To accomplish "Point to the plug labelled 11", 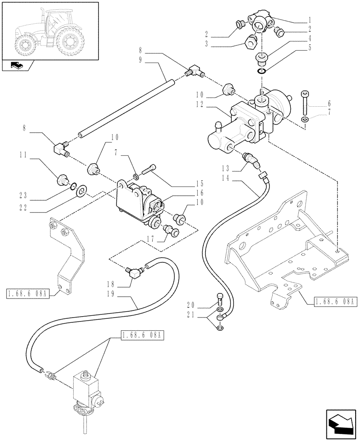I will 63,179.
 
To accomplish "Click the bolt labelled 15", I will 149,168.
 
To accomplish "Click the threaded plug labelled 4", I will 262,58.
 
